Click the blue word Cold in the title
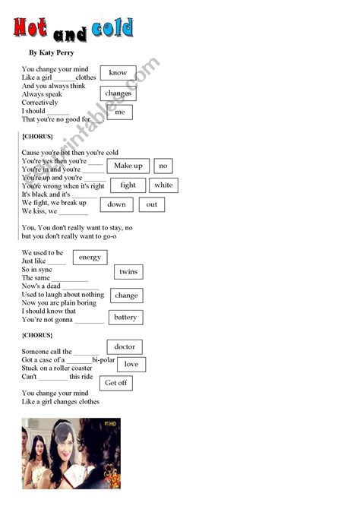pos(112,30)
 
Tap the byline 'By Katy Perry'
pos(52,53)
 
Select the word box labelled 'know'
pos(118,73)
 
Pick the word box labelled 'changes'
pos(118,93)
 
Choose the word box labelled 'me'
pos(120,112)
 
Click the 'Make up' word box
pos(128,166)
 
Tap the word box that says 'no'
pos(163,166)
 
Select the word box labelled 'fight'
pos(128,185)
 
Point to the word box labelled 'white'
pos(163,185)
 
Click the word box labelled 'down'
pos(117,204)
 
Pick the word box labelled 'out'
pos(152,204)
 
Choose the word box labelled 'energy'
pos(90,258)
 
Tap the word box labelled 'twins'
pos(128,272)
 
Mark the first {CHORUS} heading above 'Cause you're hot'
pos(37,136)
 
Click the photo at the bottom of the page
pos(71,453)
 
